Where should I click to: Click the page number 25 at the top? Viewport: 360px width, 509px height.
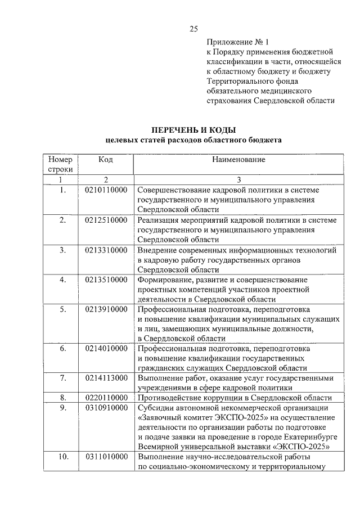[193, 29]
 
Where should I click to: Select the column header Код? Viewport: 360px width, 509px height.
[106, 160]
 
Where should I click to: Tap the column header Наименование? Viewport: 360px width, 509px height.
[238, 160]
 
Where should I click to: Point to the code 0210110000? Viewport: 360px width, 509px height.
[106, 190]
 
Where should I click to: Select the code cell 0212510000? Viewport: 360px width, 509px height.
[106, 219]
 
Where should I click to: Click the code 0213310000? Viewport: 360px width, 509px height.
[106, 250]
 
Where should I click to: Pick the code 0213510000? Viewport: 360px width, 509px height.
[106, 280]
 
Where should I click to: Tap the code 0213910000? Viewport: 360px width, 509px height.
[106, 309]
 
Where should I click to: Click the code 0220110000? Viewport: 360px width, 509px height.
[106, 398]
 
